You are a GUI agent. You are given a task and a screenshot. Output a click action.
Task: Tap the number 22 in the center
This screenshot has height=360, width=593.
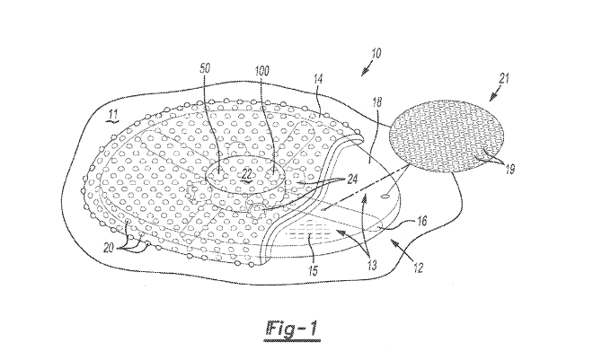click(x=244, y=173)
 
